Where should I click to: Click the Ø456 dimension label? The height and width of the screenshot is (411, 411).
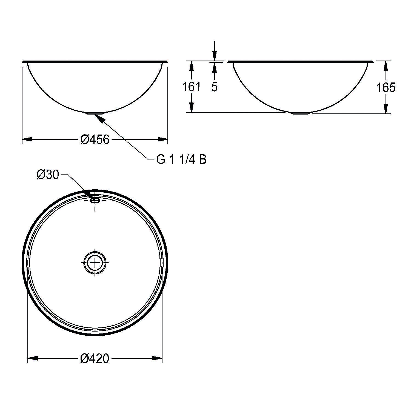point(95,140)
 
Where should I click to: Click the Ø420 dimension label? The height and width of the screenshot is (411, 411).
point(95,358)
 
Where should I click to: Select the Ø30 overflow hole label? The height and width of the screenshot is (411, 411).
point(48,175)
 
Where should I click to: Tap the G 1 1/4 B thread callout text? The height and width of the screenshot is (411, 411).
point(181,160)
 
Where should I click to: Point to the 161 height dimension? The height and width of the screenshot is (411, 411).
point(192,87)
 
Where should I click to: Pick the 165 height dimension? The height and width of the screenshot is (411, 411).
point(386,87)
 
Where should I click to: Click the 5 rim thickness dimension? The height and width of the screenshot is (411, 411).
point(214,87)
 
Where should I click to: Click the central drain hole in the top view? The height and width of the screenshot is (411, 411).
point(95,262)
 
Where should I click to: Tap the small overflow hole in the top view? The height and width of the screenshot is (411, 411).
point(95,201)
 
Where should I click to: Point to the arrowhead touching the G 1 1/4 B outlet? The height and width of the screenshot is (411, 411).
point(99,118)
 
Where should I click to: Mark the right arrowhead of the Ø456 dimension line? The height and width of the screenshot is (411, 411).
point(163,139)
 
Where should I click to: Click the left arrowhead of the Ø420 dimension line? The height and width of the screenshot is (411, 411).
point(33,358)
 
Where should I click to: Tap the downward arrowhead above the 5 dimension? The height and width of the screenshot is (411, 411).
point(214,57)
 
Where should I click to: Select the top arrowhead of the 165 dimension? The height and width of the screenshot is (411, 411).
point(386,66)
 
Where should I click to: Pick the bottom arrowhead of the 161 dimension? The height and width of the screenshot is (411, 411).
point(192,107)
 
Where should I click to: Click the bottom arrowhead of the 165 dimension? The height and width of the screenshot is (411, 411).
point(386,109)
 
